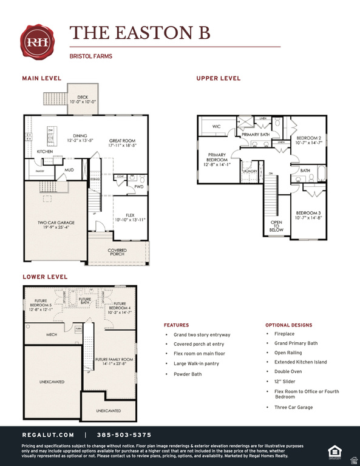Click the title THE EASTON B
[140, 33]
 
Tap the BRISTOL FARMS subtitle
[91, 56]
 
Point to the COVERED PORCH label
[117, 252]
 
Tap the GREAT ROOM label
[122, 143]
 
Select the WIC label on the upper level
[217, 127]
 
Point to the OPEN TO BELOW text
[276, 226]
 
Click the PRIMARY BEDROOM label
[217, 160]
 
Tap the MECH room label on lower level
[52, 334]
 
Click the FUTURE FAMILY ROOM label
[114, 362]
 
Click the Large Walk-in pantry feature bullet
[195, 363]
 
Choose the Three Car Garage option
[293, 407]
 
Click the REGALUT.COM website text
[48, 435]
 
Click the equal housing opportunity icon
[334, 450]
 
